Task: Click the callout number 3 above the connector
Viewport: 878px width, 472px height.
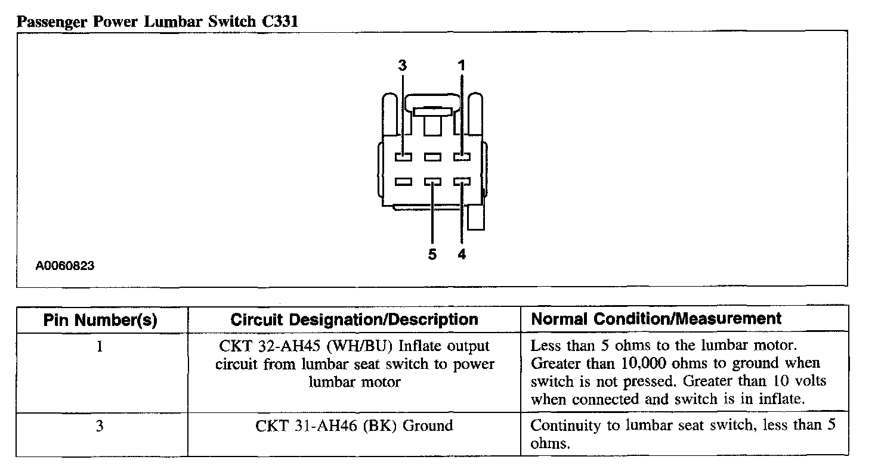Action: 403,66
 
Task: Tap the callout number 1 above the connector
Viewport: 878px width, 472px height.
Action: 462,66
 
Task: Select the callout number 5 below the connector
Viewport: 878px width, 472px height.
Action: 432,255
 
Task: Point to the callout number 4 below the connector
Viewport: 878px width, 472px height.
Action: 462,255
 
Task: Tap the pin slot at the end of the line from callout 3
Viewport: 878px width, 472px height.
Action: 403,157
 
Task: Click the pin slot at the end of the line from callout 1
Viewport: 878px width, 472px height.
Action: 462,157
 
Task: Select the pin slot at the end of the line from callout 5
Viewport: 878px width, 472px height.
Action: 432,182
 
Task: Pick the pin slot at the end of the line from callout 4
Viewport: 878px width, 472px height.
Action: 462,182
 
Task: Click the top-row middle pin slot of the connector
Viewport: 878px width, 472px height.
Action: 432,157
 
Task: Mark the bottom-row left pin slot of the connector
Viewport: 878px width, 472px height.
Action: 403,182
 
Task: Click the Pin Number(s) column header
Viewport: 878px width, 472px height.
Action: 100,320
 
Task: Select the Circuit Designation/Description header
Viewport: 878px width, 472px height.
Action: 354,319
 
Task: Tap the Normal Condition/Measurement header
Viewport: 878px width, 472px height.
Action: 656,319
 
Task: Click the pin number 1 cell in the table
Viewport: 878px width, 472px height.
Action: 100,346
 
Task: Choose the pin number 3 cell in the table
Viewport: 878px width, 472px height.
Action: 100,426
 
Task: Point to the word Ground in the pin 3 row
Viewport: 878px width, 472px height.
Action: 428,426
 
